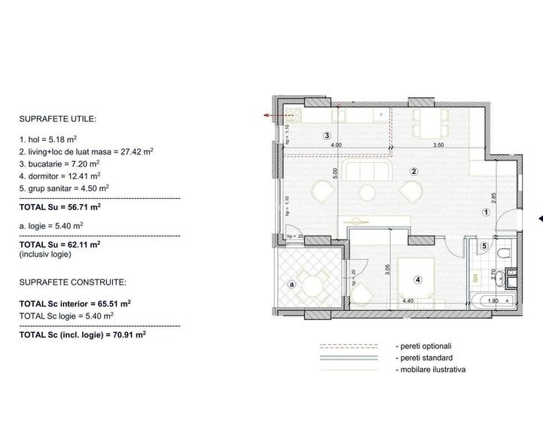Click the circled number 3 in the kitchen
[x=327, y=136]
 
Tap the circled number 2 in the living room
[x=413, y=171]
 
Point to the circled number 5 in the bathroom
[x=484, y=246]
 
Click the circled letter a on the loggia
[x=291, y=284]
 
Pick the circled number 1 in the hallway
[x=487, y=212]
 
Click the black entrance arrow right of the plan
[x=539, y=219]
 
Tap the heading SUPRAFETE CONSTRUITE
[x=74, y=282]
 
